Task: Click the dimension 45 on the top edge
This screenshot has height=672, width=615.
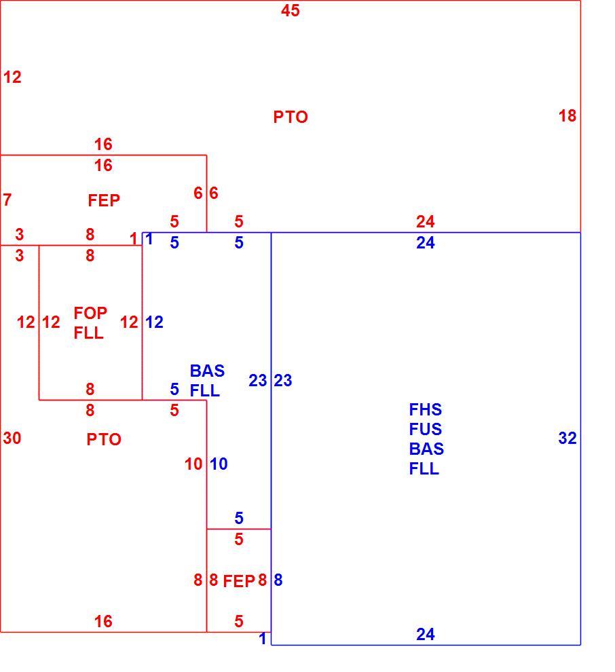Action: click(290, 10)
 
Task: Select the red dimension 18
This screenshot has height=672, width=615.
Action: click(567, 115)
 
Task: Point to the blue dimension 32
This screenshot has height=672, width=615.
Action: click(567, 438)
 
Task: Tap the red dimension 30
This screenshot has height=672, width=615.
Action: click(12, 438)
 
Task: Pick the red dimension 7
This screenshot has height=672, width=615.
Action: click(7, 200)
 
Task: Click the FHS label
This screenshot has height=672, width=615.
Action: click(425, 410)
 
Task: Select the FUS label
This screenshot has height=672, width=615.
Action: click(425, 430)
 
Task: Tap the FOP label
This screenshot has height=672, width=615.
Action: click(90, 314)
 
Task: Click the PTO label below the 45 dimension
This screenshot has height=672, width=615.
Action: click(291, 117)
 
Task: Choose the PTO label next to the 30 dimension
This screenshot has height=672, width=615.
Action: click(104, 439)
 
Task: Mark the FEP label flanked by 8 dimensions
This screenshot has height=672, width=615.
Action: click(239, 581)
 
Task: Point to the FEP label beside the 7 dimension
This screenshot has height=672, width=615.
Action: click(104, 200)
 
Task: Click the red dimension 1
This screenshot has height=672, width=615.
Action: click(134, 239)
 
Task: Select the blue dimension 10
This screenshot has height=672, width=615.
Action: click(219, 464)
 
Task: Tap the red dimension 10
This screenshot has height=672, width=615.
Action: click(193, 464)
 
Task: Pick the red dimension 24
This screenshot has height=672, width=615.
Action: click(425, 221)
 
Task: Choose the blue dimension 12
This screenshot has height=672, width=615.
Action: click(154, 322)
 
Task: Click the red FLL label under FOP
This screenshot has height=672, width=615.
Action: click(88, 333)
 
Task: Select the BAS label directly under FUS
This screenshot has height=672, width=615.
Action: click(426, 449)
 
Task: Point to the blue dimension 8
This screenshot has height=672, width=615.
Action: click(278, 580)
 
